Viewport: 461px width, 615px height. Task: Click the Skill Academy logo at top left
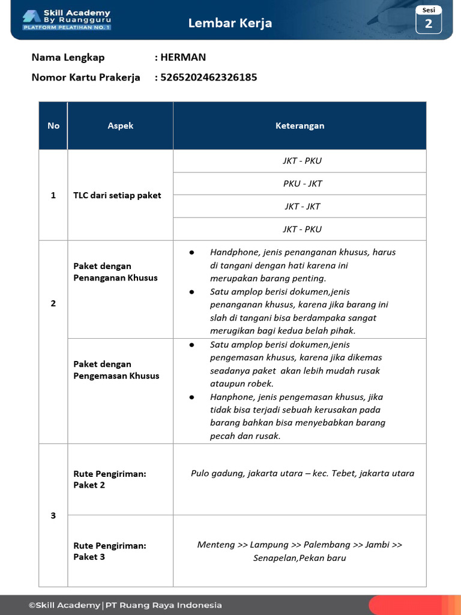tap(66, 20)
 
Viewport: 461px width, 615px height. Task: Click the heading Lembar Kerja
tap(230, 23)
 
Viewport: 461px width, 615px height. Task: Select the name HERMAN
tap(183, 58)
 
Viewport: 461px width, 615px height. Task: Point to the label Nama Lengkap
tap(68, 58)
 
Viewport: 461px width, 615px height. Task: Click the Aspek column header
tap(120, 126)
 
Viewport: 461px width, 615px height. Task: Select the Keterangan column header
tap(300, 126)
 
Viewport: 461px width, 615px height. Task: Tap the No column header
tap(53, 126)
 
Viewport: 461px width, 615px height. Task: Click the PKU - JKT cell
tap(303, 184)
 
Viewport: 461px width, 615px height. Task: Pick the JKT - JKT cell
tap(303, 207)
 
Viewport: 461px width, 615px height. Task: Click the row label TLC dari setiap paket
tap(117, 195)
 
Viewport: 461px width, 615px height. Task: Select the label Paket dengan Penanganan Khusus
tap(115, 272)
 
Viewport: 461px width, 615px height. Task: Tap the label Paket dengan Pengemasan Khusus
tap(116, 370)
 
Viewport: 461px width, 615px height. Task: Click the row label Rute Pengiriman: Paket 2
tap(110, 479)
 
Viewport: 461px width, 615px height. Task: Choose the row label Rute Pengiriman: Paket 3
tap(110, 551)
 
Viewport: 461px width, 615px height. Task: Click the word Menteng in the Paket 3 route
tap(216, 545)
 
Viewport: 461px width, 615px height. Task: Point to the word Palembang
tap(327, 545)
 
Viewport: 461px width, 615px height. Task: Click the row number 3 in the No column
tap(53, 515)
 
